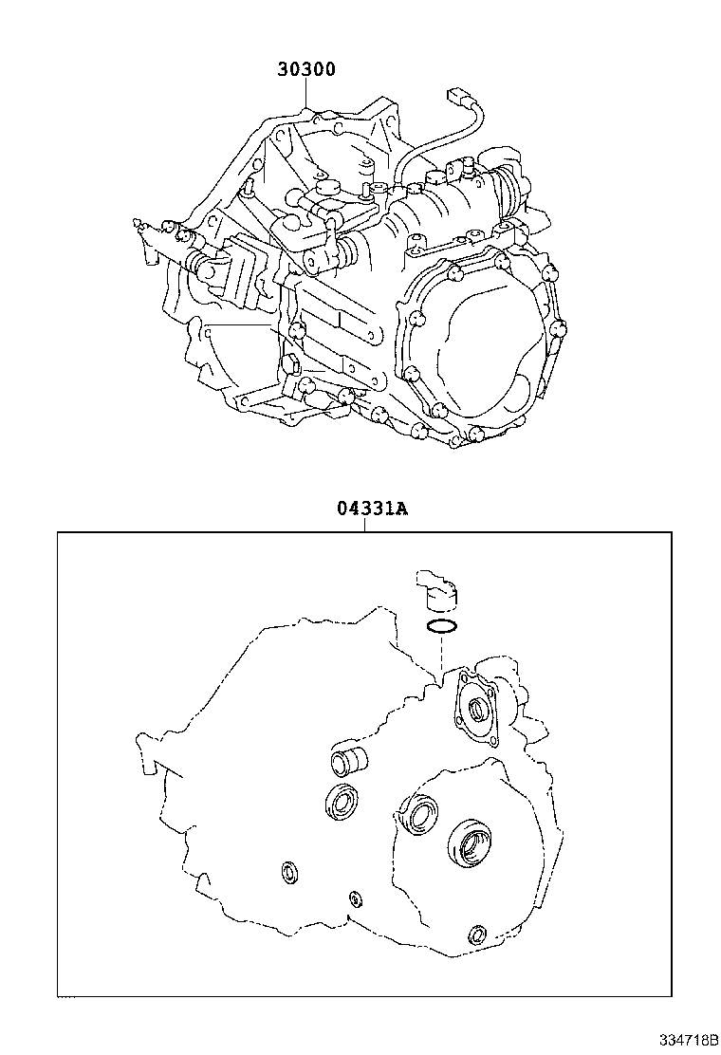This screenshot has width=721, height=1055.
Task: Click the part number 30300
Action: [305, 69]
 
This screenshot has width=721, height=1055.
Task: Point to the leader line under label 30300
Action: [306, 96]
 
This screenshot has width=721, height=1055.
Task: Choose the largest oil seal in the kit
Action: [469, 843]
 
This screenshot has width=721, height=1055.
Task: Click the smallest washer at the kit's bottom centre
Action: [356, 898]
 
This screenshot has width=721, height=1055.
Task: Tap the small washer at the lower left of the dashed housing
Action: [288, 871]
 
